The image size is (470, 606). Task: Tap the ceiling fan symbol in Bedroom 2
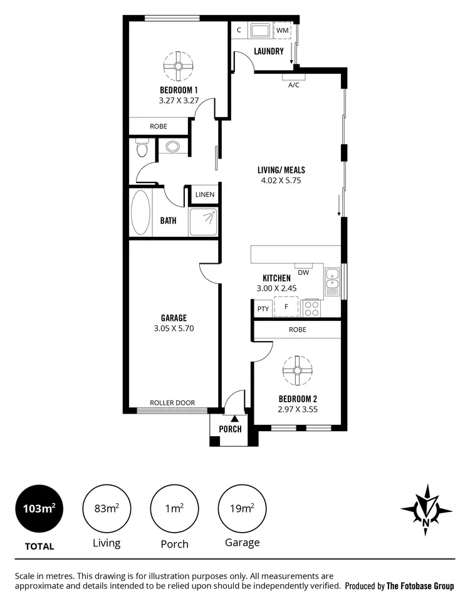pyautogui.click(x=297, y=370)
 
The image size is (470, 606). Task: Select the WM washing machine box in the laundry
pyautogui.click(x=283, y=30)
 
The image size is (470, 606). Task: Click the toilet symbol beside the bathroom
pyautogui.click(x=142, y=149)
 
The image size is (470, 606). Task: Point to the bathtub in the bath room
pyautogui.click(x=140, y=212)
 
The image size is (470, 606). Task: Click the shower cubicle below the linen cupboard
pyautogui.click(x=203, y=222)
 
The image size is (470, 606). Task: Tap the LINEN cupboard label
pyautogui.click(x=204, y=195)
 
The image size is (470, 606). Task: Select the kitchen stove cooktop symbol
pyautogui.click(x=311, y=308)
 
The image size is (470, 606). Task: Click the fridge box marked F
pyautogui.click(x=286, y=307)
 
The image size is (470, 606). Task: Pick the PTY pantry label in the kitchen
pyautogui.click(x=263, y=308)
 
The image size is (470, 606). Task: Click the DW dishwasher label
pyautogui.click(x=303, y=273)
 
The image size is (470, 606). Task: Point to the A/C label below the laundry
pyautogui.click(x=293, y=85)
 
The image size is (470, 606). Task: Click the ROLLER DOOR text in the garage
pyautogui.click(x=172, y=403)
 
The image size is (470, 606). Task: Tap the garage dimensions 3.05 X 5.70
pyautogui.click(x=174, y=328)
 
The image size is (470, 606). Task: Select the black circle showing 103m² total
pyautogui.click(x=39, y=508)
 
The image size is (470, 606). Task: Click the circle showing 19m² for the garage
pyautogui.click(x=242, y=508)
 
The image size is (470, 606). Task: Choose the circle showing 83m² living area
pyautogui.click(x=107, y=508)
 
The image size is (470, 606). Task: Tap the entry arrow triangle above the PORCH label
pyautogui.click(x=234, y=418)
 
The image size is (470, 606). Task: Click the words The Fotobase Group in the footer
pyautogui.click(x=420, y=587)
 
